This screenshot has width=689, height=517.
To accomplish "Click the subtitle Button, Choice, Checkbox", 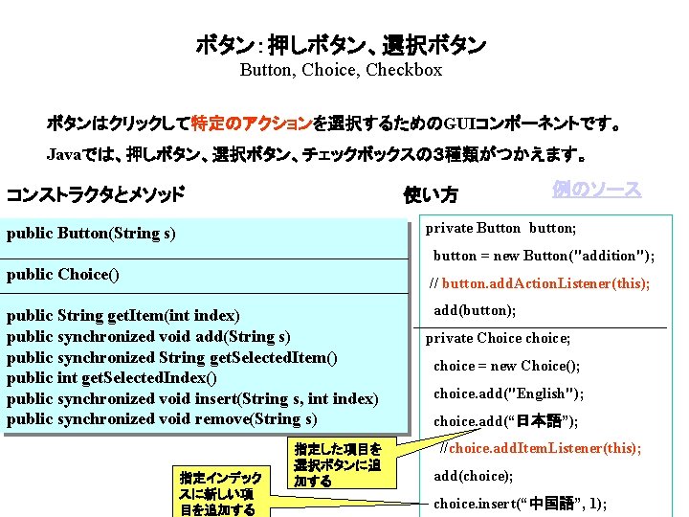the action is tap(341, 69).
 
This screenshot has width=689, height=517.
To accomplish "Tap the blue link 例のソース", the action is tap(596, 190).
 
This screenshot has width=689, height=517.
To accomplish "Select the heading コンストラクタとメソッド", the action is tap(95, 195).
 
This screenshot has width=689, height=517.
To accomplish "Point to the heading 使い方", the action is tap(430, 195).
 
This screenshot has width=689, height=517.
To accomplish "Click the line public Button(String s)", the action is tap(91, 233).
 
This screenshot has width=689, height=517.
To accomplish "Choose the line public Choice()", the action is tap(63, 275).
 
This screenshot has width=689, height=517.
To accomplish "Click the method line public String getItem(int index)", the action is tap(123, 316).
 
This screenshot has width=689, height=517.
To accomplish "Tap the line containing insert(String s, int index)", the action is tap(192, 398).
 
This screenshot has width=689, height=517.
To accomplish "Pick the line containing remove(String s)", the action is tap(162, 419).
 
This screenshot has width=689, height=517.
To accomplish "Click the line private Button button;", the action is tap(501, 228).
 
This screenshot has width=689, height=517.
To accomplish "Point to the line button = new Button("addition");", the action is tap(544, 256).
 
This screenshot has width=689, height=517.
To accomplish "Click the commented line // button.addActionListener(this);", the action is tap(539, 283).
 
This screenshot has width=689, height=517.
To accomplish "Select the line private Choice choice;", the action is tap(498, 338).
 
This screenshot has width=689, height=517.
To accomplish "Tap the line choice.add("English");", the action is tap(508, 393).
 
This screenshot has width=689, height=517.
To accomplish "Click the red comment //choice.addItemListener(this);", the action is tap(540, 448).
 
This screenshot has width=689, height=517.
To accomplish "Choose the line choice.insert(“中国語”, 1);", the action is tap(520, 504).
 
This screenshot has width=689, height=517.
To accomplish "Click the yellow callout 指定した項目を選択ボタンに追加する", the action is tap(338, 464).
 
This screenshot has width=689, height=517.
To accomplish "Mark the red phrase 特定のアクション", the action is tap(251, 124).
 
